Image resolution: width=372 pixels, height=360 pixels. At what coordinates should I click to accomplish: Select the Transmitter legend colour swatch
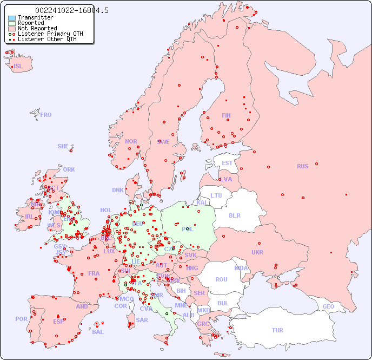(x=12, y=18)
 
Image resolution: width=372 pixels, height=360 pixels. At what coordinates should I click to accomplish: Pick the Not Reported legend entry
(x=37, y=29)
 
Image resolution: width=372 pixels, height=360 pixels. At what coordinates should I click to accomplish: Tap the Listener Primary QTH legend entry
(x=50, y=34)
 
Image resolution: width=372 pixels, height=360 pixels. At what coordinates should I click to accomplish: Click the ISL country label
(x=18, y=67)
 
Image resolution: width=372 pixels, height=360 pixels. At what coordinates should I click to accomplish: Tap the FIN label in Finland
(x=226, y=115)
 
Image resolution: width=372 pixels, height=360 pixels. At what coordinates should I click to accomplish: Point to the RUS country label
(x=302, y=166)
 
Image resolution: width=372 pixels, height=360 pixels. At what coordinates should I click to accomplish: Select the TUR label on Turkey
(x=277, y=330)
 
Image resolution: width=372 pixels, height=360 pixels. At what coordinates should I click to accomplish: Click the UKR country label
(x=257, y=252)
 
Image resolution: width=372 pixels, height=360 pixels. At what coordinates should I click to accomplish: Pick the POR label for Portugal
(x=21, y=319)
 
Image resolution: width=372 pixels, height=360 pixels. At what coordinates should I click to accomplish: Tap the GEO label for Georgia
(x=328, y=306)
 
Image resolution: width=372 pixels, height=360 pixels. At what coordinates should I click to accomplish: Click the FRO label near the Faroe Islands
(x=45, y=115)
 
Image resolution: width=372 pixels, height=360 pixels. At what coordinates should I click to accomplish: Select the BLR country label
(x=234, y=215)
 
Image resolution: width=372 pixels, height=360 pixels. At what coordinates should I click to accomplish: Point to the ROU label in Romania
(x=221, y=279)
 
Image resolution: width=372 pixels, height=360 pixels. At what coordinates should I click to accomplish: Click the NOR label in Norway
(x=131, y=141)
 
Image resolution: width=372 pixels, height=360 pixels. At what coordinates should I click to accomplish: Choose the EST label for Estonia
(x=227, y=163)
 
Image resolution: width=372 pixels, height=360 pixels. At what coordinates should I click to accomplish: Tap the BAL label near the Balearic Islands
(x=97, y=332)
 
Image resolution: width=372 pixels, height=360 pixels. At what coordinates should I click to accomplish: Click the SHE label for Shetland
(x=63, y=146)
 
